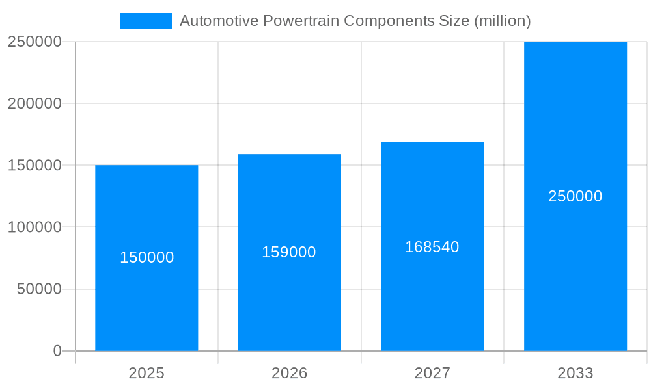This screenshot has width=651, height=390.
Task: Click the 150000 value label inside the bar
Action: [x=147, y=257]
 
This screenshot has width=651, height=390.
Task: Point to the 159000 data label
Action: [x=289, y=252]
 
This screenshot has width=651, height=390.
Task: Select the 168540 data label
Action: [x=432, y=247]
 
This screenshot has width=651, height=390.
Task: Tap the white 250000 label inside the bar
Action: [x=575, y=196]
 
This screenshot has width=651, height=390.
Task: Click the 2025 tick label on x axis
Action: [x=146, y=373]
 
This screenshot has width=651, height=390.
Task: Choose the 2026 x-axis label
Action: [x=289, y=373]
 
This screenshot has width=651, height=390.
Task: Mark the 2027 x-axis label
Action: [x=432, y=373]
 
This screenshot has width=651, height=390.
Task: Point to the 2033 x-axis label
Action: [x=575, y=373]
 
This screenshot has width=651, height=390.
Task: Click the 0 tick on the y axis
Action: [x=57, y=351]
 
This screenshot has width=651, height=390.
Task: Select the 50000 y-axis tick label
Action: [x=39, y=289]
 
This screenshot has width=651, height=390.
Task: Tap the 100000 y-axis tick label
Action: [x=35, y=227]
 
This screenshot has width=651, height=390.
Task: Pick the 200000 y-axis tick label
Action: [x=35, y=103]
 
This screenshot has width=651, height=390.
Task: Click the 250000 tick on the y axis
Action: [x=35, y=42]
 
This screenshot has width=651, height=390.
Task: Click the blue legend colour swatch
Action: [x=146, y=21]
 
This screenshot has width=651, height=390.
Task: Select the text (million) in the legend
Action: [x=503, y=21]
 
